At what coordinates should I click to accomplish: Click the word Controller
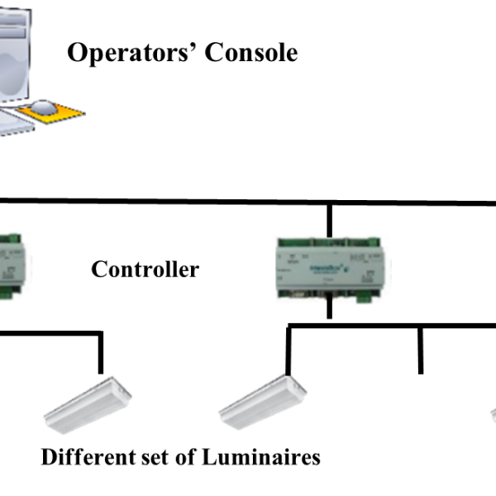click(145, 269)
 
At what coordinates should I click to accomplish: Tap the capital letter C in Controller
click(99, 269)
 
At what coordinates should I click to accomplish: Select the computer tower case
click(17, 58)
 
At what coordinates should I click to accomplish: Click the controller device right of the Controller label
click(330, 268)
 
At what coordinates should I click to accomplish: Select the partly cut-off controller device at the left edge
click(15, 265)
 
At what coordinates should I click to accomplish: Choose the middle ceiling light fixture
click(262, 403)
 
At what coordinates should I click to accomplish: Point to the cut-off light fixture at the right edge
click(492, 413)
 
